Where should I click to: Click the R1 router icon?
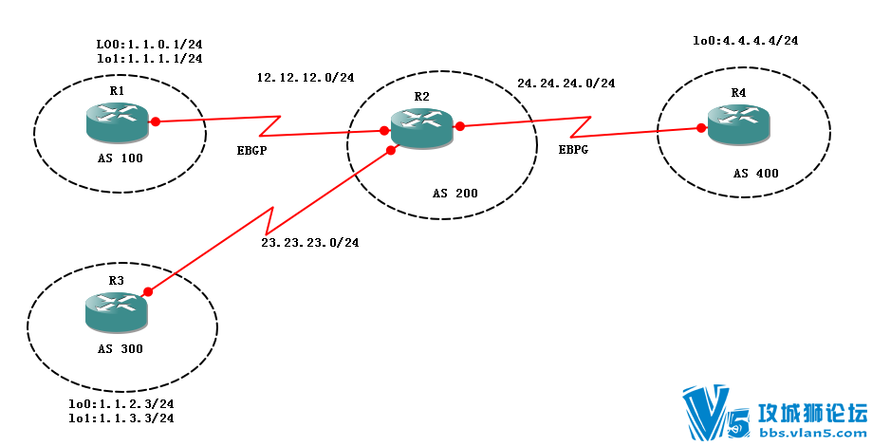click(117, 121)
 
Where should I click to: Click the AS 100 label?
click(120, 158)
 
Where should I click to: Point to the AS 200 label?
click(455, 194)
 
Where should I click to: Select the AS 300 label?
click(120, 349)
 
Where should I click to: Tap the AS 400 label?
click(757, 175)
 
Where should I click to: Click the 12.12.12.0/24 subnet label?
click(306, 77)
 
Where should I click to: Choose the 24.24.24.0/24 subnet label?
click(566, 84)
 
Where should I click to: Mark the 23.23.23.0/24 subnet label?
click(310, 243)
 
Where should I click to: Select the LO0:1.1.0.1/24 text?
click(150, 45)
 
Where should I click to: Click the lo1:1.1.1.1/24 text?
click(150, 58)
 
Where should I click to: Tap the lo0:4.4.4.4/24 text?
click(746, 41)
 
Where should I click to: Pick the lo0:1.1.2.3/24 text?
click(121, 404)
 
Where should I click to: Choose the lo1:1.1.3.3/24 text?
click(121, 418)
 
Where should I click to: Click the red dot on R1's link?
click(156, 121)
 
